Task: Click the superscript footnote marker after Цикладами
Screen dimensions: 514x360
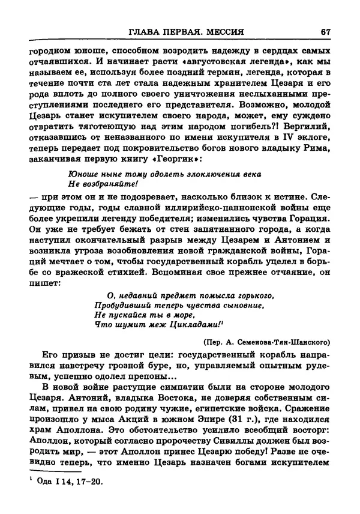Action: [222, 321]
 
